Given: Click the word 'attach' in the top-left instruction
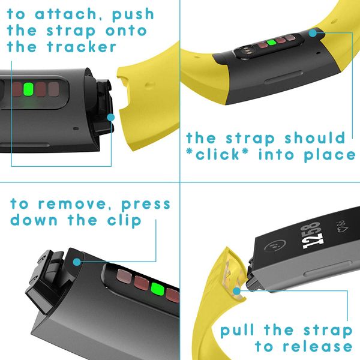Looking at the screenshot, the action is pos(66,14).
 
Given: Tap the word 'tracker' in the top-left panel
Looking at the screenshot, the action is pos(82,47).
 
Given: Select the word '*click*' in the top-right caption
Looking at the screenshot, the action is pos(217,154).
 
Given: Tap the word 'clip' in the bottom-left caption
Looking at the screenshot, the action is pos(124,220).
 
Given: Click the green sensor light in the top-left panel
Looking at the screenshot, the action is pos(28,89).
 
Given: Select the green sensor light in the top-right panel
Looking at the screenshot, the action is pos(271,43).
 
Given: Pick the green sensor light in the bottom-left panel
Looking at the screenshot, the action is pos(157,289).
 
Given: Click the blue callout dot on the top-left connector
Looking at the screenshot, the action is pos(110,118).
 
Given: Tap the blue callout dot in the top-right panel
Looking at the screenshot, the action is pos(313,33).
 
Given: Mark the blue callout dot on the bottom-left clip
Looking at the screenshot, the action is pos(77,262).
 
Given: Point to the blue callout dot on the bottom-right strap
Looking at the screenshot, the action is pos(236,292).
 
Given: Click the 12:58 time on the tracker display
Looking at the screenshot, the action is pos(312,236).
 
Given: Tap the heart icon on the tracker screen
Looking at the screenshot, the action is pos(343,229).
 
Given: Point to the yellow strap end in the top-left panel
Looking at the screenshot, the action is pos(148,100).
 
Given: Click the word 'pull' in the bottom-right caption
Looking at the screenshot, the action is pos(238,330).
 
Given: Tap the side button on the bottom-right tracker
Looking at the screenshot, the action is pos(327,268).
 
